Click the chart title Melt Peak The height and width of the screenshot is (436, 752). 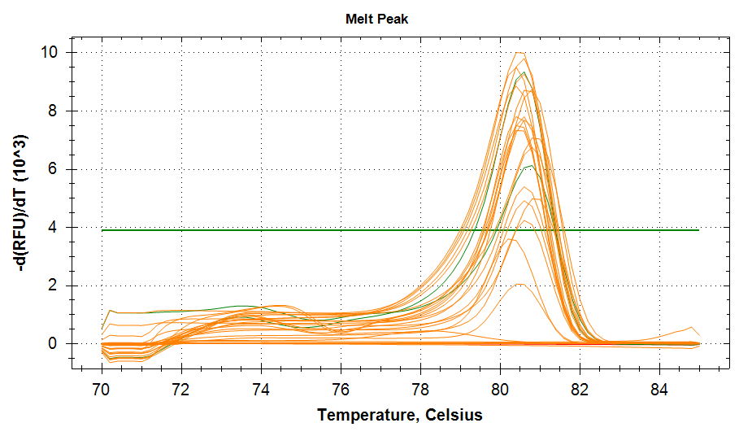(x=376, y=19)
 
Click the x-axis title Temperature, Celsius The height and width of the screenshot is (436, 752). (x=399, y=416)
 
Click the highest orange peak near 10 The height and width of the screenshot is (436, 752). (x=519, y=53)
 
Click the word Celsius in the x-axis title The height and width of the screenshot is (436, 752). (x=452, y=416)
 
